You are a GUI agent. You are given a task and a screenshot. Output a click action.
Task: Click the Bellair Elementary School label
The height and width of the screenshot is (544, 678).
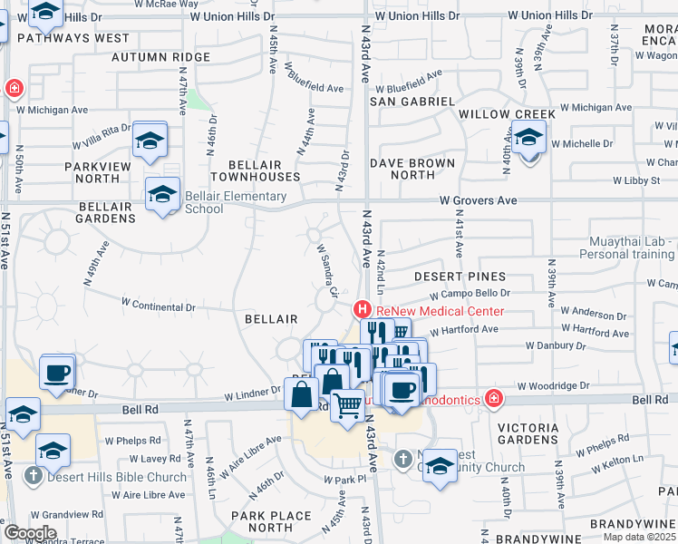(x=235, y=202)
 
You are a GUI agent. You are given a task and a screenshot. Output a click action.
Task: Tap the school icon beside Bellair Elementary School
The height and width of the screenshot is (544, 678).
(x=163, y=195)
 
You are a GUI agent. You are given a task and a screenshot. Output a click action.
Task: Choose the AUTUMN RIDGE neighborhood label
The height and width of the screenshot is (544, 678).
(x=160, y=57)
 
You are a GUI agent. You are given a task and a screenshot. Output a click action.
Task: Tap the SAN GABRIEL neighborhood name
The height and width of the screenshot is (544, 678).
(x=412, y=102)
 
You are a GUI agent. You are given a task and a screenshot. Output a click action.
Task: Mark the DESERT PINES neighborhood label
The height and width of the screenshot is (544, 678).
(x=460, y=276)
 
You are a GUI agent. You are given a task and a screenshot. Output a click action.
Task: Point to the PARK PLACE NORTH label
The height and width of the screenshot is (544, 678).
(x=270, y=521)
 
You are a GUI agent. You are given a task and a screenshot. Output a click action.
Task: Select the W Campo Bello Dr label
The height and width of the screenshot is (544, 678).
(x=470, y=295)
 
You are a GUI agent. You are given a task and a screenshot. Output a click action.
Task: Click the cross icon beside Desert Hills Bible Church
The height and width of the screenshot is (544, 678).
(x=33, y=476)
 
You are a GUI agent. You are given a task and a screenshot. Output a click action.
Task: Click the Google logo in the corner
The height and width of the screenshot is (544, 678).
(x=30, y=533)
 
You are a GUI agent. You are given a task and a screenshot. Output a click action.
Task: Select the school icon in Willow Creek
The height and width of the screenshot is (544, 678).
(x=528, y=140)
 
